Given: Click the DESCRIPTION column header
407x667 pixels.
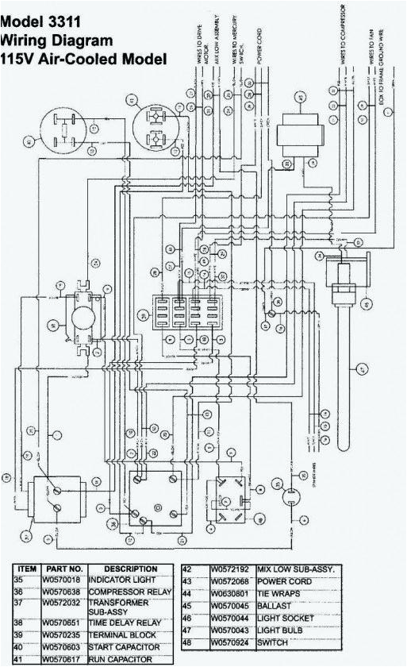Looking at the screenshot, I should click(130, 569).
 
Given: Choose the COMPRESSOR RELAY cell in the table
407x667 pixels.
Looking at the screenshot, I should click(132, 592).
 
